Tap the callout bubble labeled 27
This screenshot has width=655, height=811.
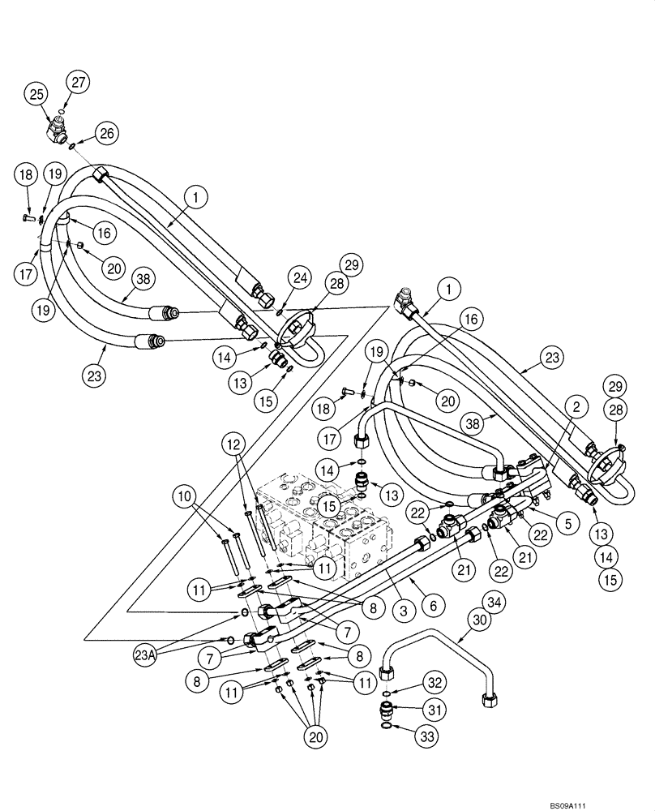[79, 82]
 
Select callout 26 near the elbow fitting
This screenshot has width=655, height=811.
[106, 132]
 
